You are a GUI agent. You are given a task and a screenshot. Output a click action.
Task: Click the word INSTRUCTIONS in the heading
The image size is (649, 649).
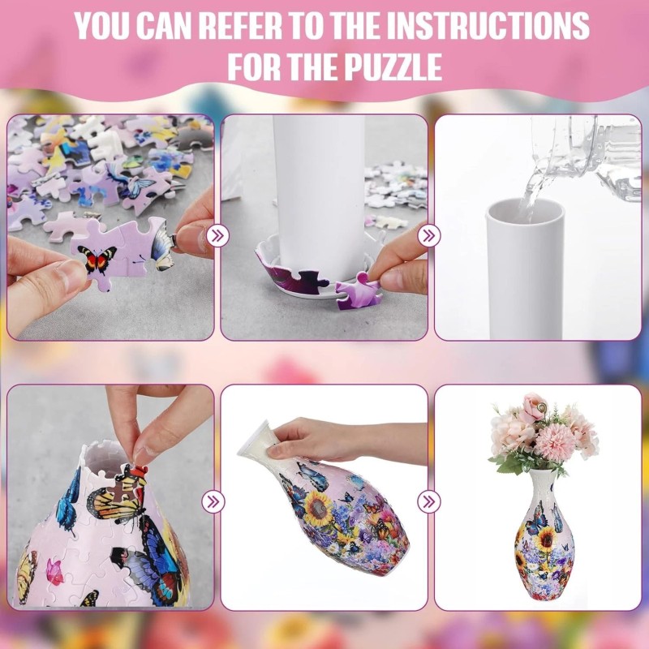coord(486,26)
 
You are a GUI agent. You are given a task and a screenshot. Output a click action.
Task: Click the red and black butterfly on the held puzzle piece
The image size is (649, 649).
coord(97,260)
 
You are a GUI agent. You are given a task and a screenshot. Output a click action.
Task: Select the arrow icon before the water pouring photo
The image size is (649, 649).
coord(431,236)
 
